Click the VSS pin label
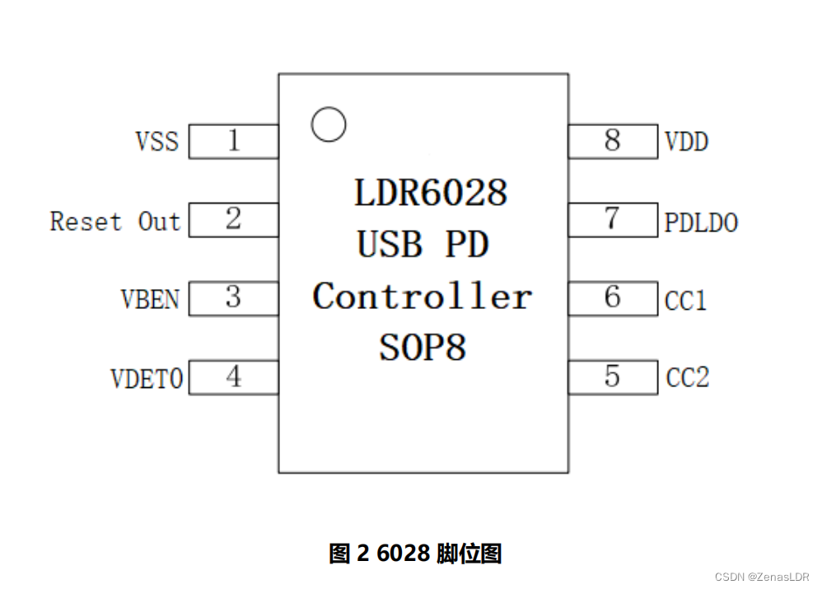tap(156, 141)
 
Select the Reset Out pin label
tap(114, 221)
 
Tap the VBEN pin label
tap(150, 298)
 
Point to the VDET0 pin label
tap(147, 378)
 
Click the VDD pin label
tap(686, 142)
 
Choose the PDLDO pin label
tap(701, 222)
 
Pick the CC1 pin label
tap(686, 301)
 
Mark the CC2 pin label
tap(687, 378)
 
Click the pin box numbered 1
tap(234, 141)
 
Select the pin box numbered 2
tap(234, 220)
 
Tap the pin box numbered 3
tap(234, 298)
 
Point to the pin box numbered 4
tap(234, 377)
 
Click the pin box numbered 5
tap(612, 377)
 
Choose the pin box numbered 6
tap(612, 298)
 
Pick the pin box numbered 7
tap(612, 220)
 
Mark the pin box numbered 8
tap(612, 141)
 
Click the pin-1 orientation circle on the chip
tap(329, 124)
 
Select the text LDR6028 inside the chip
tap(430, 193)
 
